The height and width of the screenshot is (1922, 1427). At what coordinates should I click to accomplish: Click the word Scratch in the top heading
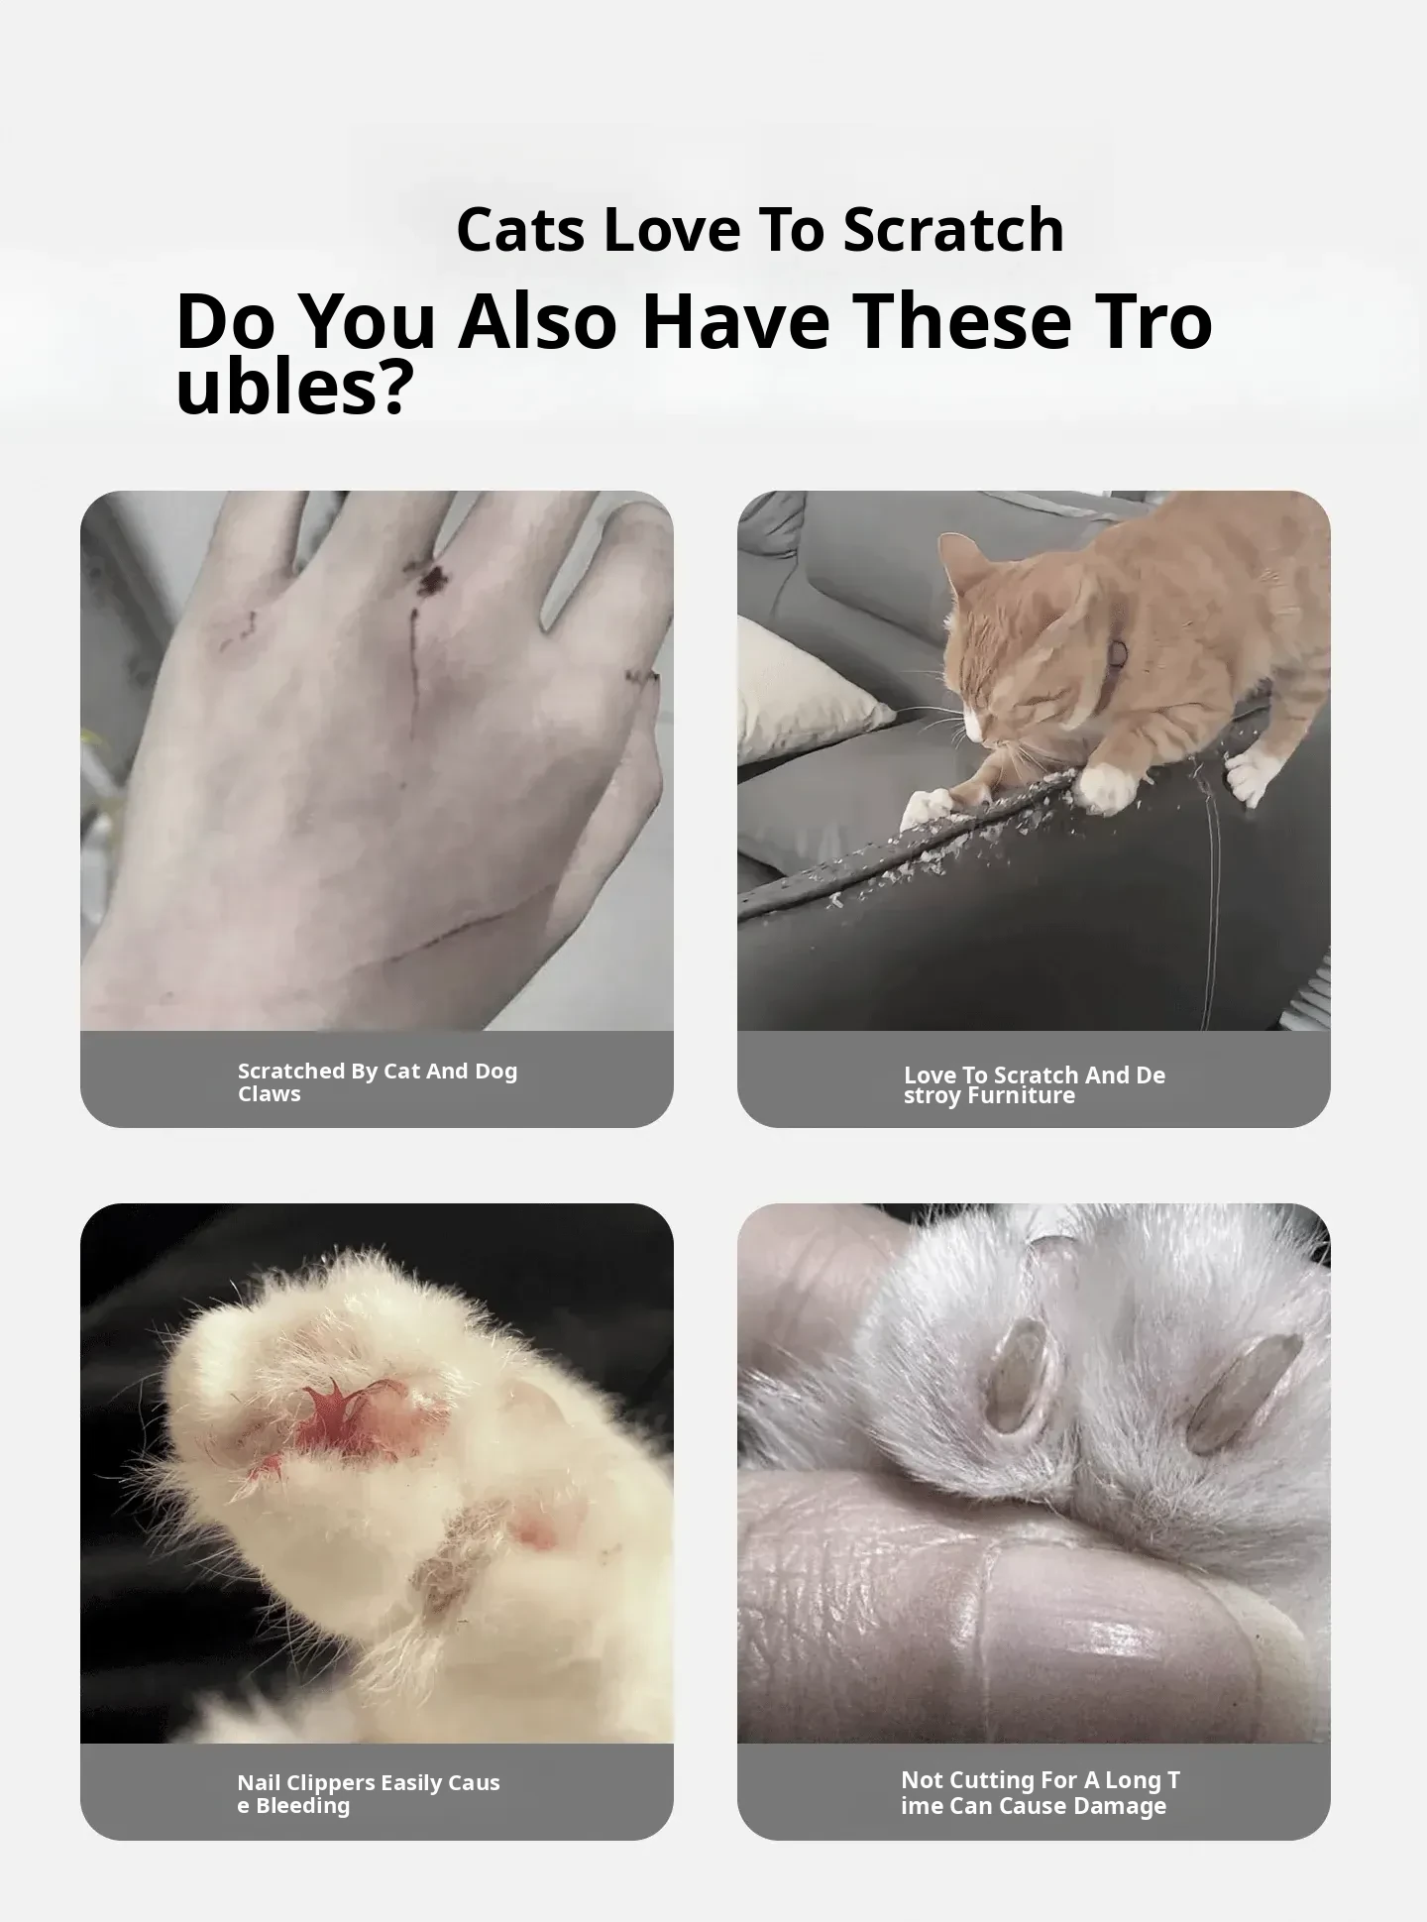953,230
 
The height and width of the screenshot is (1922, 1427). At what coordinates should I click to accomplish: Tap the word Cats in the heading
520,230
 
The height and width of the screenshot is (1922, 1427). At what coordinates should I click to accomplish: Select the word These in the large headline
961,321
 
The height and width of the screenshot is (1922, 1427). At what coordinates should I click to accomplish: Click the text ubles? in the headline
293,388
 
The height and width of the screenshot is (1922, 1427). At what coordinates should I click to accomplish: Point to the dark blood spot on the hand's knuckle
432,580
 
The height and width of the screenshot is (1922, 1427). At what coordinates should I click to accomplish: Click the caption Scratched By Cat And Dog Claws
378,1081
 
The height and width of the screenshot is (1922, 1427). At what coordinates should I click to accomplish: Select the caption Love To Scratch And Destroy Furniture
1035,1084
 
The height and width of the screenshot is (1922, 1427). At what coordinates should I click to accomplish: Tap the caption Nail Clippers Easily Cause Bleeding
369,1793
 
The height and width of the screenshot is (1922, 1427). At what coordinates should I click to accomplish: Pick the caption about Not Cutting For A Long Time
1041,1792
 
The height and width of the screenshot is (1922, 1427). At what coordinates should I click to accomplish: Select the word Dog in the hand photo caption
496,1071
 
